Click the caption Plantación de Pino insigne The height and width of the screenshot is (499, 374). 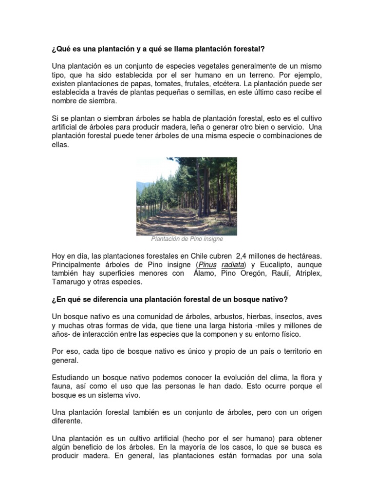[x=187, y=239]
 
